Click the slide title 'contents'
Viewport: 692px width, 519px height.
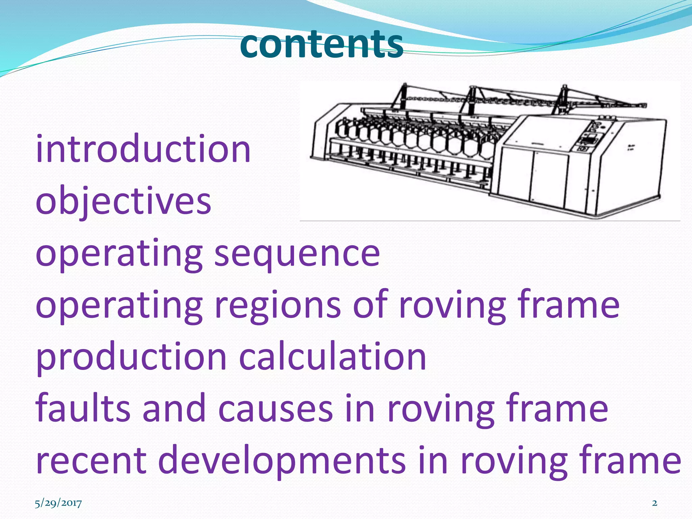pyautogui.click(x=321, y=44)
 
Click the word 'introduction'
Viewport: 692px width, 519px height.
pyautogui.click(x=143, y=149)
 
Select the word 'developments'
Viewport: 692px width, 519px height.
pyautogui.click(x=282, y=461)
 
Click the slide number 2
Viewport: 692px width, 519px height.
pyautogui.click(x=654, y=503)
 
